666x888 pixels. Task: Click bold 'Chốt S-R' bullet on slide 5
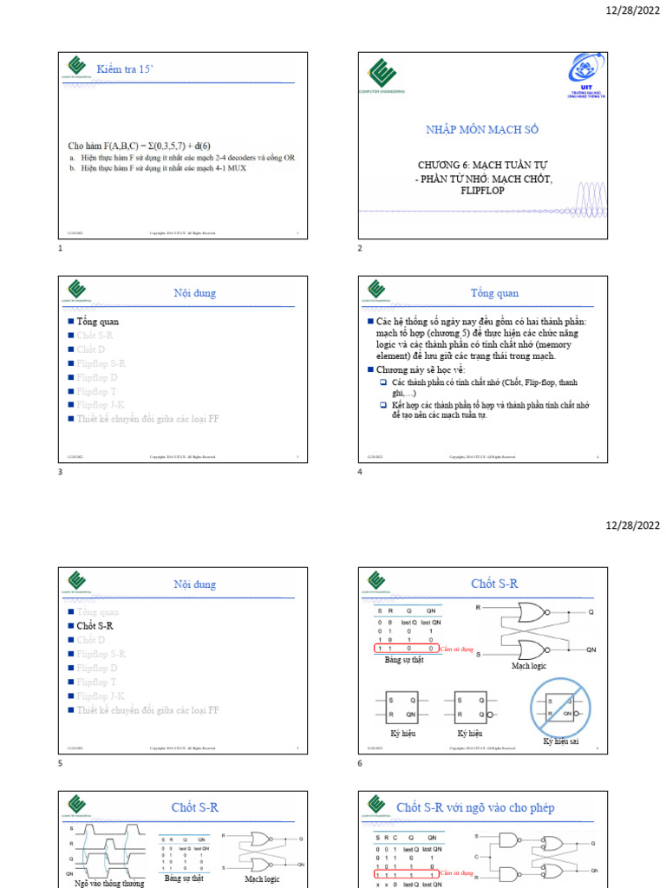click(95, 625)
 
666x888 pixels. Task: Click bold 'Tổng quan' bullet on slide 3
click(97, 322)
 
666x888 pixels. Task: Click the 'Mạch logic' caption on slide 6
click(529, 667)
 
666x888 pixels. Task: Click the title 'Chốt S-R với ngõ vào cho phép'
click(475, 807)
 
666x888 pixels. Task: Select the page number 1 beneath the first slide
click(60, 249)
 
